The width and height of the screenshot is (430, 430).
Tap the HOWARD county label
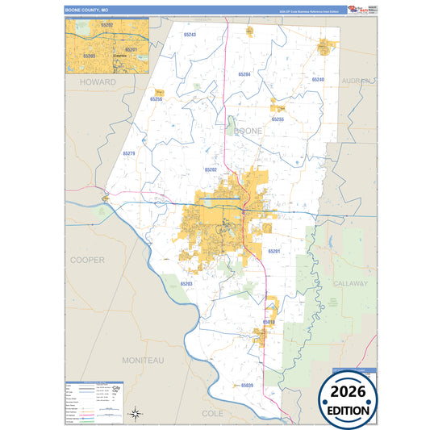click(97, 82)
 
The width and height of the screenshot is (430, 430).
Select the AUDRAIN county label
click(356, 81)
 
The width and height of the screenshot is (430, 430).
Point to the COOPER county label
click(87, 260)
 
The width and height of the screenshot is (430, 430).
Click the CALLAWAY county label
click(349, 284)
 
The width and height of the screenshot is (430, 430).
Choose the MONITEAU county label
click(143, 358)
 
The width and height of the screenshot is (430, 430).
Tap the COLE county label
click(212, 412)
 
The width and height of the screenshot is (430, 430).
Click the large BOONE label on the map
click(248, 131)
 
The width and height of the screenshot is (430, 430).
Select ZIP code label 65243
click(190, 35)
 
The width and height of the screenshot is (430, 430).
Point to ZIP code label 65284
click(244, 74)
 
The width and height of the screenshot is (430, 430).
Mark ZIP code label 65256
click(157, 98)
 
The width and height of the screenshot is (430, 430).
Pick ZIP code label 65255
click(278, 119)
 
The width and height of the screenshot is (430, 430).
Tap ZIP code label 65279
click(129, 152)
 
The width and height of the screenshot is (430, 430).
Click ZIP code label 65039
click(246, 386)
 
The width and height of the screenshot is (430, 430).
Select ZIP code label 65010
click(269, 323)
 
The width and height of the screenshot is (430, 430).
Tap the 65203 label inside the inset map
click(89, 56)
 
